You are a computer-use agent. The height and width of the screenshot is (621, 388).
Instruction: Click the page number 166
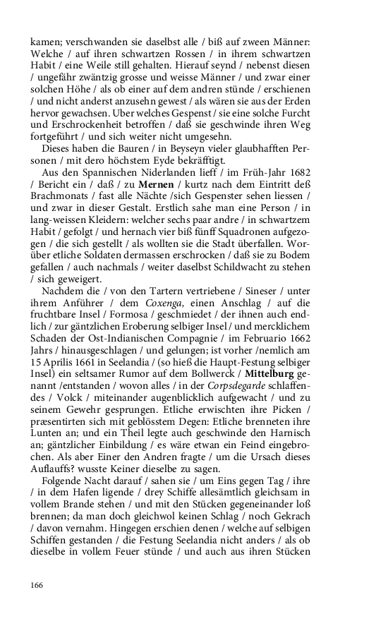(x=37, y=585)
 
